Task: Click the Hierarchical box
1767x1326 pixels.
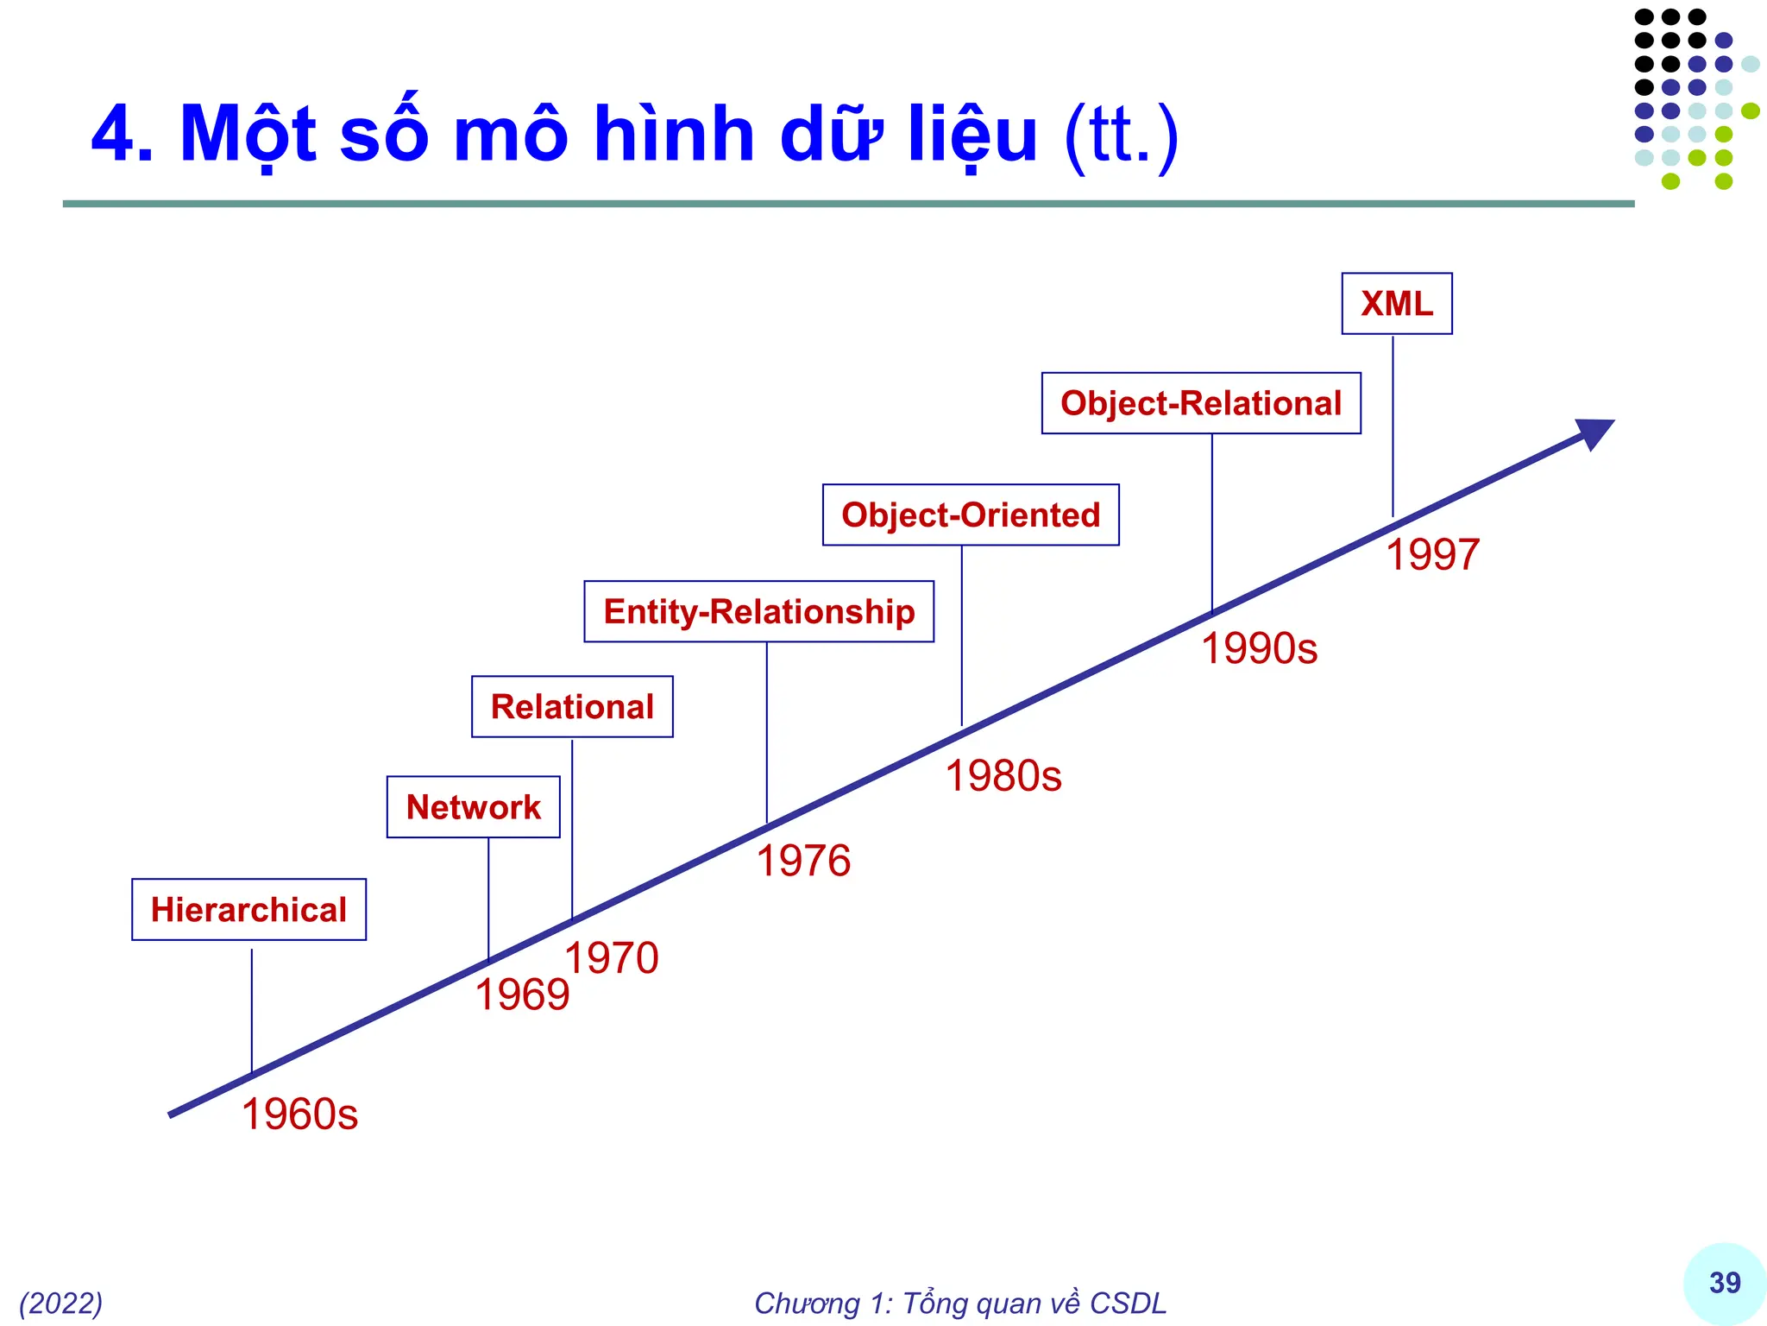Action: coord(248,910)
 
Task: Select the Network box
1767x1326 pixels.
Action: coord(473,807)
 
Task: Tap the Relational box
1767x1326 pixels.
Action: coord(572,707)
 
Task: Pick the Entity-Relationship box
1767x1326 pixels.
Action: coord(758,612)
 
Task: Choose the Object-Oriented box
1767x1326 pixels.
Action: coord(971,515)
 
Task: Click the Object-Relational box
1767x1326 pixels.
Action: coord(1201,404)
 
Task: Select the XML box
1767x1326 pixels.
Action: coord(1396,304)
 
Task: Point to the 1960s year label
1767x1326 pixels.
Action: coord(299,1114)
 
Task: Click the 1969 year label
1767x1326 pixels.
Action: coord(522,994)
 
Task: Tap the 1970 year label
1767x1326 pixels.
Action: coord(612,958)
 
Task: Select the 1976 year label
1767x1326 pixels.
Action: coord(803,861)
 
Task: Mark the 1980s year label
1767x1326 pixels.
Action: coord(1003,775)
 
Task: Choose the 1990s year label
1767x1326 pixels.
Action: coord(1259,648)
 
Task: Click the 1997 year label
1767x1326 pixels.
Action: coord(1432,554)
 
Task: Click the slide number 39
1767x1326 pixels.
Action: coord(1725,1283)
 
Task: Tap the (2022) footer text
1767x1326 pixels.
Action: coord(61,1303)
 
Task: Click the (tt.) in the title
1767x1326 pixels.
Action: coord(1121,136)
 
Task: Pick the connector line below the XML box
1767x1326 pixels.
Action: coord(1393,427)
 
